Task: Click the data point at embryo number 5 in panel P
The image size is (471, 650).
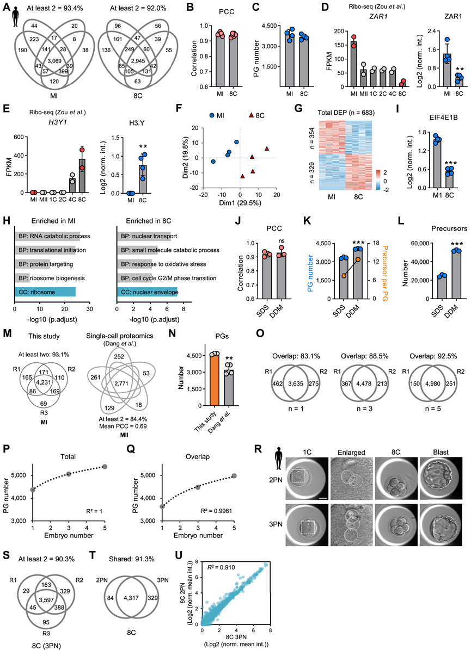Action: click(x=105, y=451)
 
